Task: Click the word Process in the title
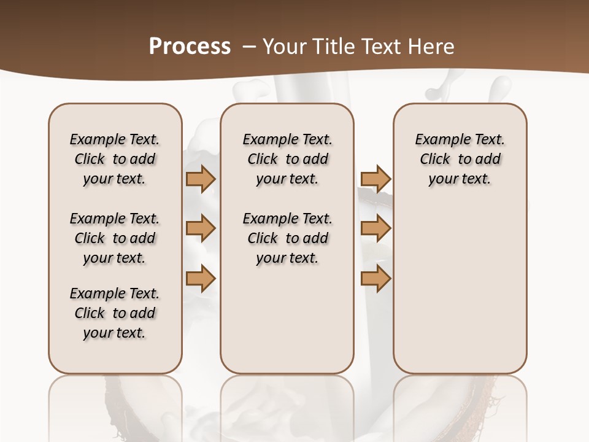pos(190,47)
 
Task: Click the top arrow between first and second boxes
pos(200,179)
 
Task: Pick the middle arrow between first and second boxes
pos(200,228)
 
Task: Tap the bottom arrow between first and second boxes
pos(200,279)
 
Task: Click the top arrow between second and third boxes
pos(375,179)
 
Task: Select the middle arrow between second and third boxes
pos(375,228)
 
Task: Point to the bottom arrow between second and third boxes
pos(375,279)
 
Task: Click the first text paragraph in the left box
pos(115,159)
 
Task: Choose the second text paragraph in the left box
pos(115,238)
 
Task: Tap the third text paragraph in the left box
pos(115,313)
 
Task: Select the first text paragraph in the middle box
pos(287,159)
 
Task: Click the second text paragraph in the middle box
pos(287,238)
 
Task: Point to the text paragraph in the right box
pos(460,159)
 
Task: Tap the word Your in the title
pos(283,47)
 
